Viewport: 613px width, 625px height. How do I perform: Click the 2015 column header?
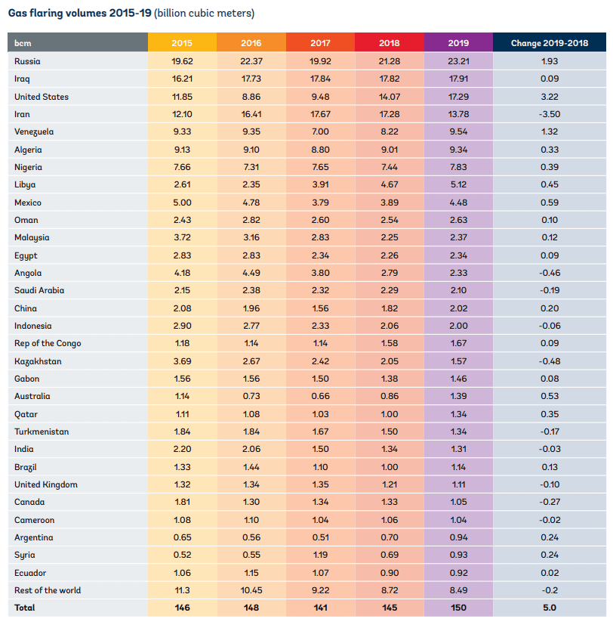coord(182,42)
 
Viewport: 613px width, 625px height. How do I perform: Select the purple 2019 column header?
coord(458,42)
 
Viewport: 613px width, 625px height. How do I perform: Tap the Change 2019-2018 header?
coord(550,42)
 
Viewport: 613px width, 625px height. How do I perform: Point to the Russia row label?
coord(27,61)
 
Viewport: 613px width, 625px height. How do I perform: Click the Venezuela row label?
coord(34,132)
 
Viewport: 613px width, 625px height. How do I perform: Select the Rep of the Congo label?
coord(48,343)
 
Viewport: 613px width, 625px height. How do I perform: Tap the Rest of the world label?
coord(48,590)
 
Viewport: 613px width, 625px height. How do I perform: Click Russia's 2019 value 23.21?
coord(458,61)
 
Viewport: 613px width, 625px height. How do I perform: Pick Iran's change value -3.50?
coord(550,114)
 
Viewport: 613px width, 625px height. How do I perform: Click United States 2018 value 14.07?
coord(390,97)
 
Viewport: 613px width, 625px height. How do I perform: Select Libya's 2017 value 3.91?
coord(320,184)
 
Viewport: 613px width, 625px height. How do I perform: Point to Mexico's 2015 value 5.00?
coord(182,203)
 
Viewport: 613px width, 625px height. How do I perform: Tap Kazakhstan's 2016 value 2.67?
coord(251,361)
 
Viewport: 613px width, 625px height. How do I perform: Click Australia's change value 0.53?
coord(550,396)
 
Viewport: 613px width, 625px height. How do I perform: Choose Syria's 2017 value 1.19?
coord(320,555)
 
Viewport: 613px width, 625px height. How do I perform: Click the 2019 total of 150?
coord(458,608)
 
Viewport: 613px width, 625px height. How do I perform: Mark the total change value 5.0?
coord(550,608)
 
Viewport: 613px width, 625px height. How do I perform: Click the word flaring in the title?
coord(46,13)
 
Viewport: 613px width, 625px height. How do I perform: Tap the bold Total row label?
coord(25,608)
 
